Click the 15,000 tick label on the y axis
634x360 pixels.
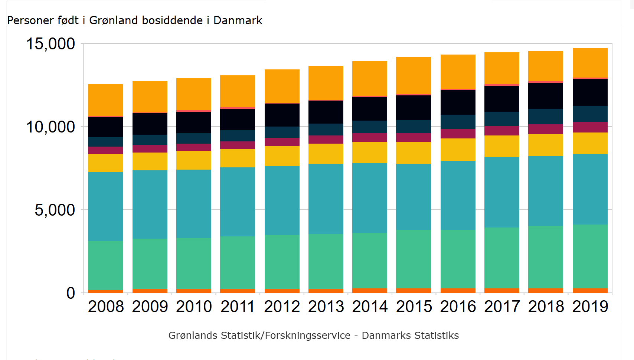[x=50, y=44]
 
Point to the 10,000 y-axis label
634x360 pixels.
[x=50, y=127]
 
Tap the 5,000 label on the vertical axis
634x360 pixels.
[x=55, y=210]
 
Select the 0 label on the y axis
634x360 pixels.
[x=71, y=293]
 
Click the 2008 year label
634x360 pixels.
[x=106, y=307]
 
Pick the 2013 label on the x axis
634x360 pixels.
[x=326, y=307]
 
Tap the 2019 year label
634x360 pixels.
[x=590, y=307]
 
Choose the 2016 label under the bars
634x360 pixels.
[x=458, y=307]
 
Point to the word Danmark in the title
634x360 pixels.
[x=238, y=20]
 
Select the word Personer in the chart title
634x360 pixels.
[x=24, y=20]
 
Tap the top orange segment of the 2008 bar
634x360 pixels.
[x=105, y=100]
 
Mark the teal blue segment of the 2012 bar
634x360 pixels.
[x=282, y=200]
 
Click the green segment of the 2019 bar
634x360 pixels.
[x=590, y=256]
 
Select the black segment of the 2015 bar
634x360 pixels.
[x=414, y=108]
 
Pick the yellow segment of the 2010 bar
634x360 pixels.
[x=194, y=160]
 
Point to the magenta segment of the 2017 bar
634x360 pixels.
[x=502, y=131]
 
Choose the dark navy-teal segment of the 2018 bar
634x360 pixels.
[x=546, y=117]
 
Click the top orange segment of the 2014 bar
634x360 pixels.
[x=370, y=79]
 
